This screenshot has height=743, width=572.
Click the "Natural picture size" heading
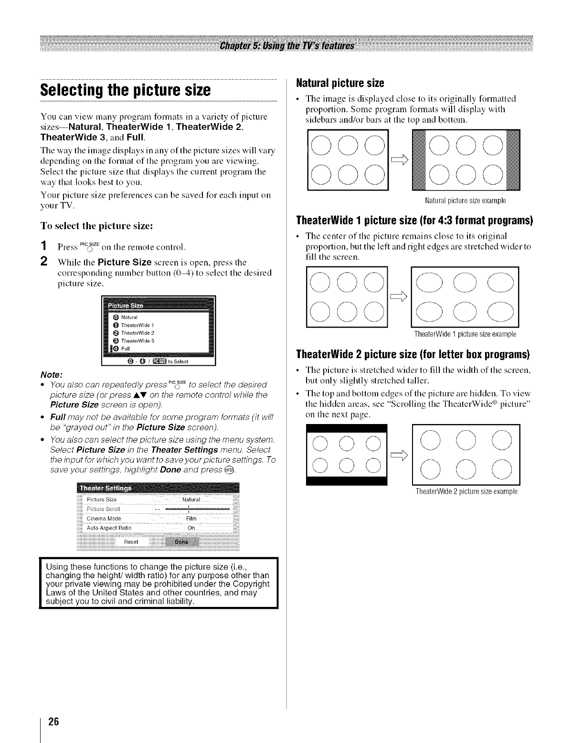pyautogui.click(x=340, y=83)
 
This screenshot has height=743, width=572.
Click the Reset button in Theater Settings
pyautogui.click(x=131, y=542)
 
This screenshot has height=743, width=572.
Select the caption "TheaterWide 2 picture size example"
pyautogui.click(x=466, y=492)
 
